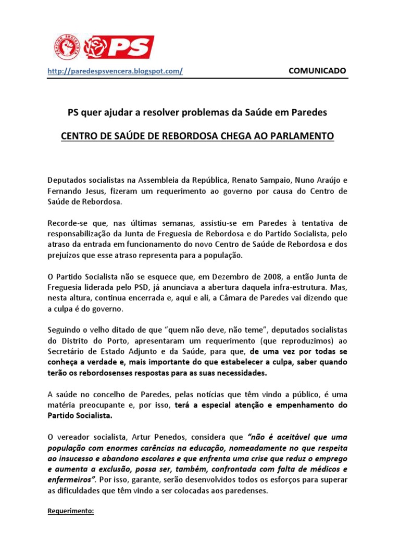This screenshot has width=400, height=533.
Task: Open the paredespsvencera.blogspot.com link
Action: (115, 71)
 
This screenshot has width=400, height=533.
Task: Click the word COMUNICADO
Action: (317, 71)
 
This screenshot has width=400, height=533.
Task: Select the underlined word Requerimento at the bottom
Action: (70, 511)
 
